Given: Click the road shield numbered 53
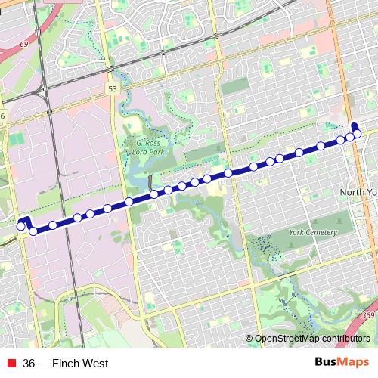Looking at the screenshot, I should pos(113,88).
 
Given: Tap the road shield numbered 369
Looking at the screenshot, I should pos(368,315).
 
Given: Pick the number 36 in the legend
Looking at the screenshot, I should pos(29,364).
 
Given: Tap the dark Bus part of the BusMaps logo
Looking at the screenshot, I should pos(326,364).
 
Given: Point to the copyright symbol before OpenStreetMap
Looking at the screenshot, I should pos(249,339).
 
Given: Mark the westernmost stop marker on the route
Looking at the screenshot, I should pos(20,225).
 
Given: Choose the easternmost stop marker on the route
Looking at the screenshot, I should pos(357,135).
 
